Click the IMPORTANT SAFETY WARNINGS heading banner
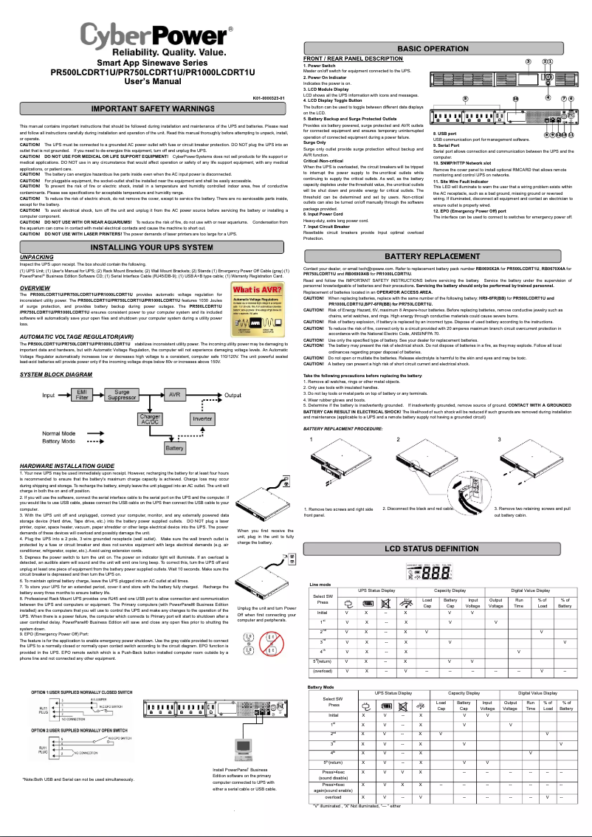[152, 109]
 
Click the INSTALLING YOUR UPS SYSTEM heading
[152, 246]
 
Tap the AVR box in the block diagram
[175, 396]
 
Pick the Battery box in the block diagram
[176, 447]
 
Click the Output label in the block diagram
[235, 396]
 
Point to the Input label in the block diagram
[49, 396]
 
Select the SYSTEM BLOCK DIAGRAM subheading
[56, 375]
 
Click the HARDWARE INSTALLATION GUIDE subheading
[67, 466]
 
